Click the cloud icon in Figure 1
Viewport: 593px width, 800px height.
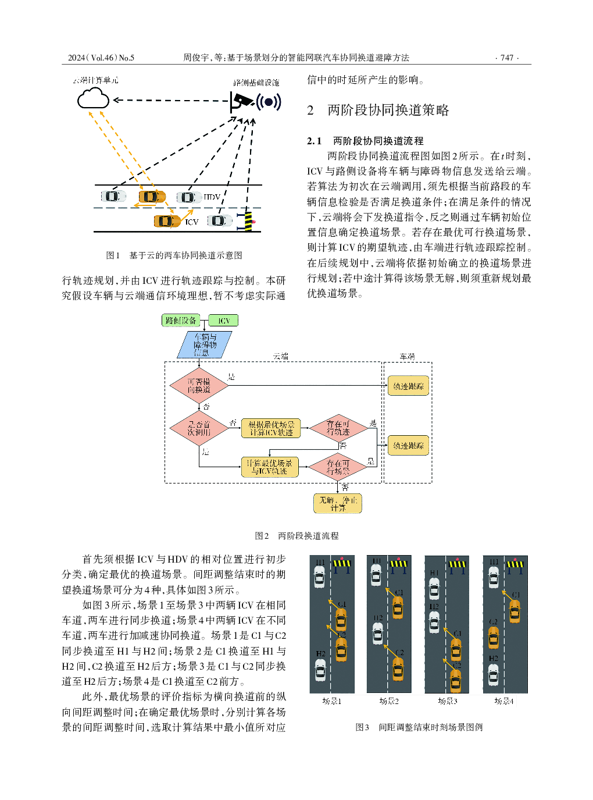pos(93,98)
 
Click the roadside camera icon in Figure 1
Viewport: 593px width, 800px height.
pos(242,102)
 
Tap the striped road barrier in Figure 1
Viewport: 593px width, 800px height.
pos(249,221)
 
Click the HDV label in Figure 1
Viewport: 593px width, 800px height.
pos(212,197)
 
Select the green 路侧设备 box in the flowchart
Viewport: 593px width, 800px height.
pos(180,320)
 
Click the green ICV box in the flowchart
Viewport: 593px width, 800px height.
pos(224,321)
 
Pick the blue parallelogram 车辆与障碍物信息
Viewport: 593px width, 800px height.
pos(205,345)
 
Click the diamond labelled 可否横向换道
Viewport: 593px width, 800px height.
pos(199,386)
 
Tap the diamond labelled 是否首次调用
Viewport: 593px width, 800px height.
pos(199,429)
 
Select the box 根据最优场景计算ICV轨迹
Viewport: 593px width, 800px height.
pos(271,429)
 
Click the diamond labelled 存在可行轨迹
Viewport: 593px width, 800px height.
pos(338,429)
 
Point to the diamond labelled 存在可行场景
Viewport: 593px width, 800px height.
pos(338,467)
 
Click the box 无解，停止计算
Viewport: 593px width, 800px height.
pos(338,504)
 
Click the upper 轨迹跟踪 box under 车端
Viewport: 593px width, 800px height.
pos(408,386)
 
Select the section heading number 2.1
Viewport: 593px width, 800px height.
pos(314,141)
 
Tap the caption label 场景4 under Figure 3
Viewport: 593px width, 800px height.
pos(503,701)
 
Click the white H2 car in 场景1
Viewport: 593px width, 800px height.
pos(320,670)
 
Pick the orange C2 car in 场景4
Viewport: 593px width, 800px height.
pos(493,637)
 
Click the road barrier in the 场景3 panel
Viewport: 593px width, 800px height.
pos(458,564)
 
